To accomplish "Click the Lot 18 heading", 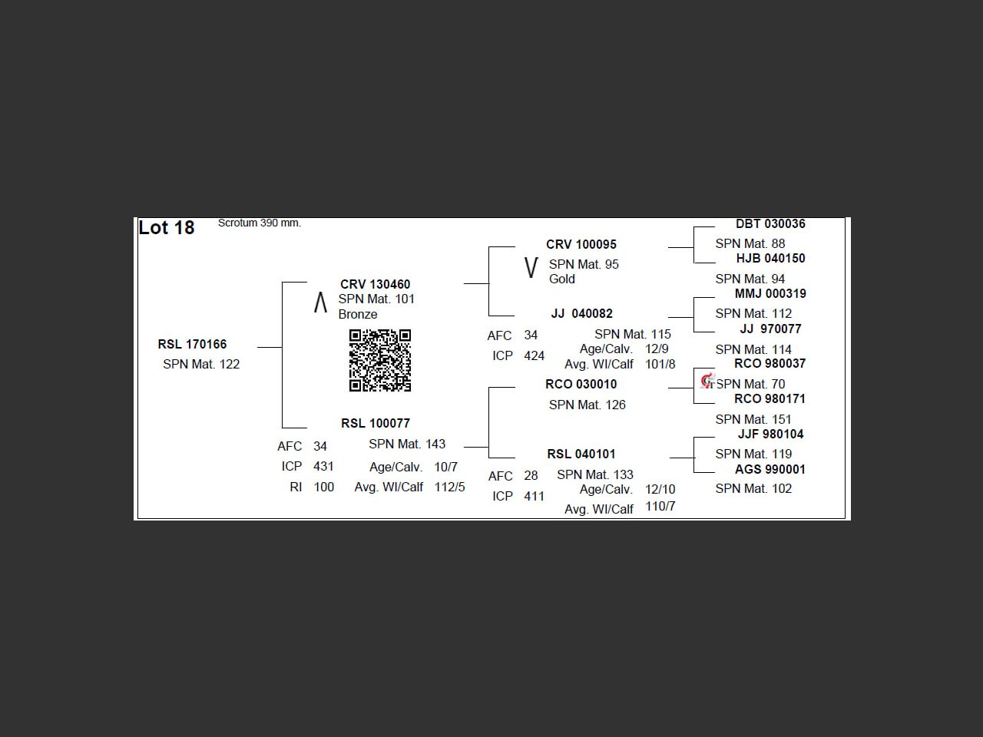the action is click(x=166, y=228).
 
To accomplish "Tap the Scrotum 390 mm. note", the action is click(x=260, y=223).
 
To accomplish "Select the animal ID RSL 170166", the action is click(x=192, y=344).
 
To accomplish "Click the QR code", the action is click(x=380, y=361).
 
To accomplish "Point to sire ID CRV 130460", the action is click(x=376, y=284).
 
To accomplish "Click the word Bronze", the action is click(x=358, y=314).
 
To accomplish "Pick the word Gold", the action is click(x=562, y=279).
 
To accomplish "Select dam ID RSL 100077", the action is click(x=376, y=423).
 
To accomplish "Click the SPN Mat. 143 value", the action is click(x=407, y=444).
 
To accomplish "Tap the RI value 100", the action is click(x=324, y=487).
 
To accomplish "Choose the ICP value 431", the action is click(x=323, y=466).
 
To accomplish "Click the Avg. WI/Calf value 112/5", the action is click(x=449, y=487).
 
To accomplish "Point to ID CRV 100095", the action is click(x=581, y=244).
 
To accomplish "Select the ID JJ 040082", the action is click(x=582, y=313).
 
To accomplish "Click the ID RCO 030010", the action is click(x=581, y=384).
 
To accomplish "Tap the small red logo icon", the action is click(x=708, y=382).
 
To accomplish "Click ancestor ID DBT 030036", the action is click(x=770, y=223).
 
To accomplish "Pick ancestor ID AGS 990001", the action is click(x=770, y=469).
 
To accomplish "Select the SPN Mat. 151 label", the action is click(x=753, y=419).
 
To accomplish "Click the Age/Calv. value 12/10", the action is click(x=660, y=489).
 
